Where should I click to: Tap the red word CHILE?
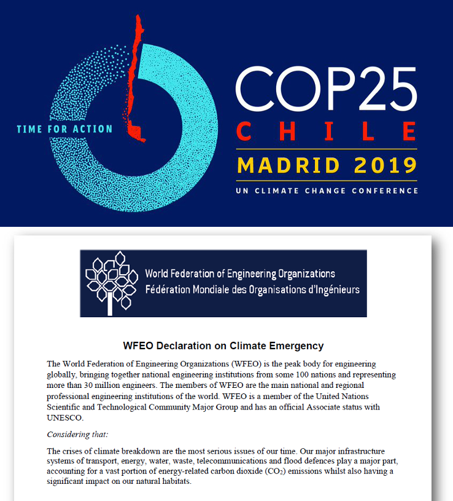click(x=326, y=131)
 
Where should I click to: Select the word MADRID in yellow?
click(x=283, y=165)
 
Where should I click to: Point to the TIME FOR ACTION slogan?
click(x=64, y=129)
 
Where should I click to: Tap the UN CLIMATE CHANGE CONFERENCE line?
click(x=326, y=191)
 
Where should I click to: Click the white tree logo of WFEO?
click(x=111, y=283)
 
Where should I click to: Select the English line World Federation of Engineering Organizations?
click(x=240, y=274)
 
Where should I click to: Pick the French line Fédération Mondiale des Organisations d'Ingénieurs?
click(x=252, y=290)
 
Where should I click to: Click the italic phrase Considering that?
click(x=77, y=435)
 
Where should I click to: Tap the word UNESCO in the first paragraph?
click(x=64, y=417)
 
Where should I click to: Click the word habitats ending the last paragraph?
click(x=176, y=481)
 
